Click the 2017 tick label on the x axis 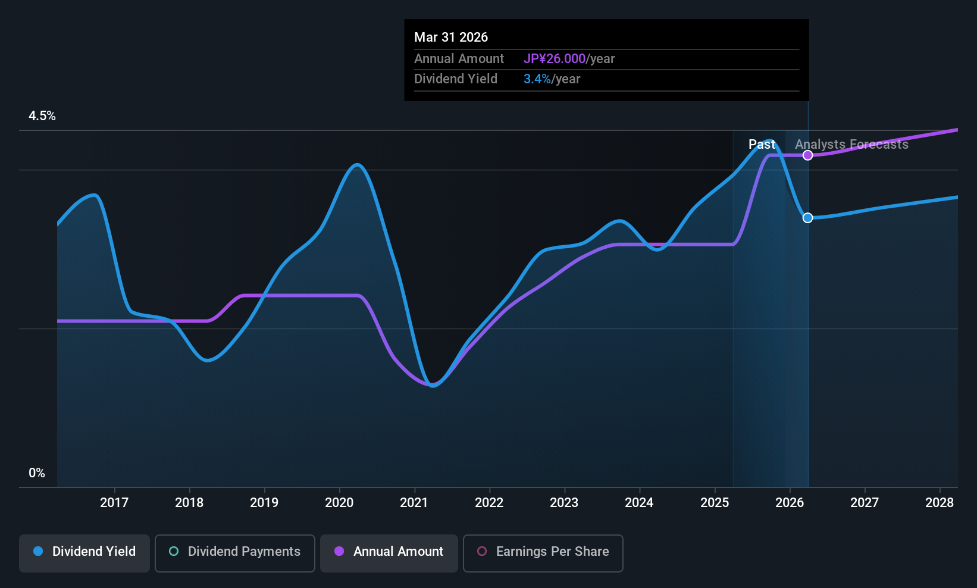pyautogui.click(x=114, y=503)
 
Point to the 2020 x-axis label pyautogui.click(x=339, y=503)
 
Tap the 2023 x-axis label pyautogui.click(x=564, y=503)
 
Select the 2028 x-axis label pyautogui.click(x=940, y=503)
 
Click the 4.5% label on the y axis pyautogui.click(x=42, y=116)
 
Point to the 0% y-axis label pyautogui.click(x=37, y=473)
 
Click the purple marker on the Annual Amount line pyautogui.click(x=807, y=155)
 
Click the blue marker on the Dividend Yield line pyautogui.click(x=807, y=218)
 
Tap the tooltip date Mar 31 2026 pyautogui.click(x=451, y=37)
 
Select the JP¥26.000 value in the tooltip pyautogui.click(x=555, y=59)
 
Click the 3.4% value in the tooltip pyautogui.click(x=537, y=79)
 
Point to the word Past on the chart pyautogui.click(x=762, y=145)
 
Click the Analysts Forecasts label pyautogui.click(x=851, y=145)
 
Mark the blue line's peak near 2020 pyautogui.click(x=357, y=165)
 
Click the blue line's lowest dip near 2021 pyautogui.click(x=433, y=386)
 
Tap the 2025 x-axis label pyautogui.click(x=715, y=503)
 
